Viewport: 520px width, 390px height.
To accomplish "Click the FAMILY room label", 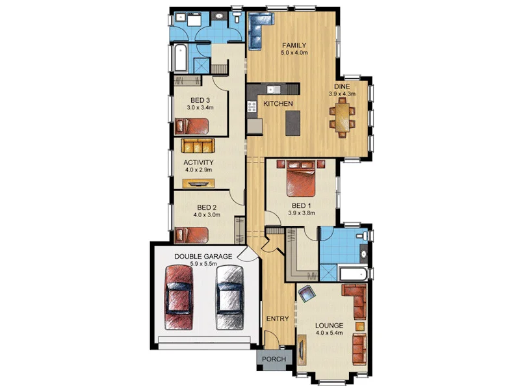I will pos(294,45).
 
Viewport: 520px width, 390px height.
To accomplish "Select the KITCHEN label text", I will pos(278,104).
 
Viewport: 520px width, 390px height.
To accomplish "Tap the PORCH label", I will pos(274,359).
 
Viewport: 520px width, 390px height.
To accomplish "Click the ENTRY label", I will pos(278,318).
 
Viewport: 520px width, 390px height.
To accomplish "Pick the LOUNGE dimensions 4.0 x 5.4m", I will pos(329,334).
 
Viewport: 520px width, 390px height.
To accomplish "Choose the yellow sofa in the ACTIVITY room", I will pos(197,145).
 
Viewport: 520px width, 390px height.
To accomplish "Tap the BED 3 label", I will pos(200,99).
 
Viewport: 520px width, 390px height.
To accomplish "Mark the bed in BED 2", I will pos(192,234).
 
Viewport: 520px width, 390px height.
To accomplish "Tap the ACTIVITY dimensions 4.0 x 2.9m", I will pos(199,170).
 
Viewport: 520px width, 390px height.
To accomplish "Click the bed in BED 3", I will pos(192,125).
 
